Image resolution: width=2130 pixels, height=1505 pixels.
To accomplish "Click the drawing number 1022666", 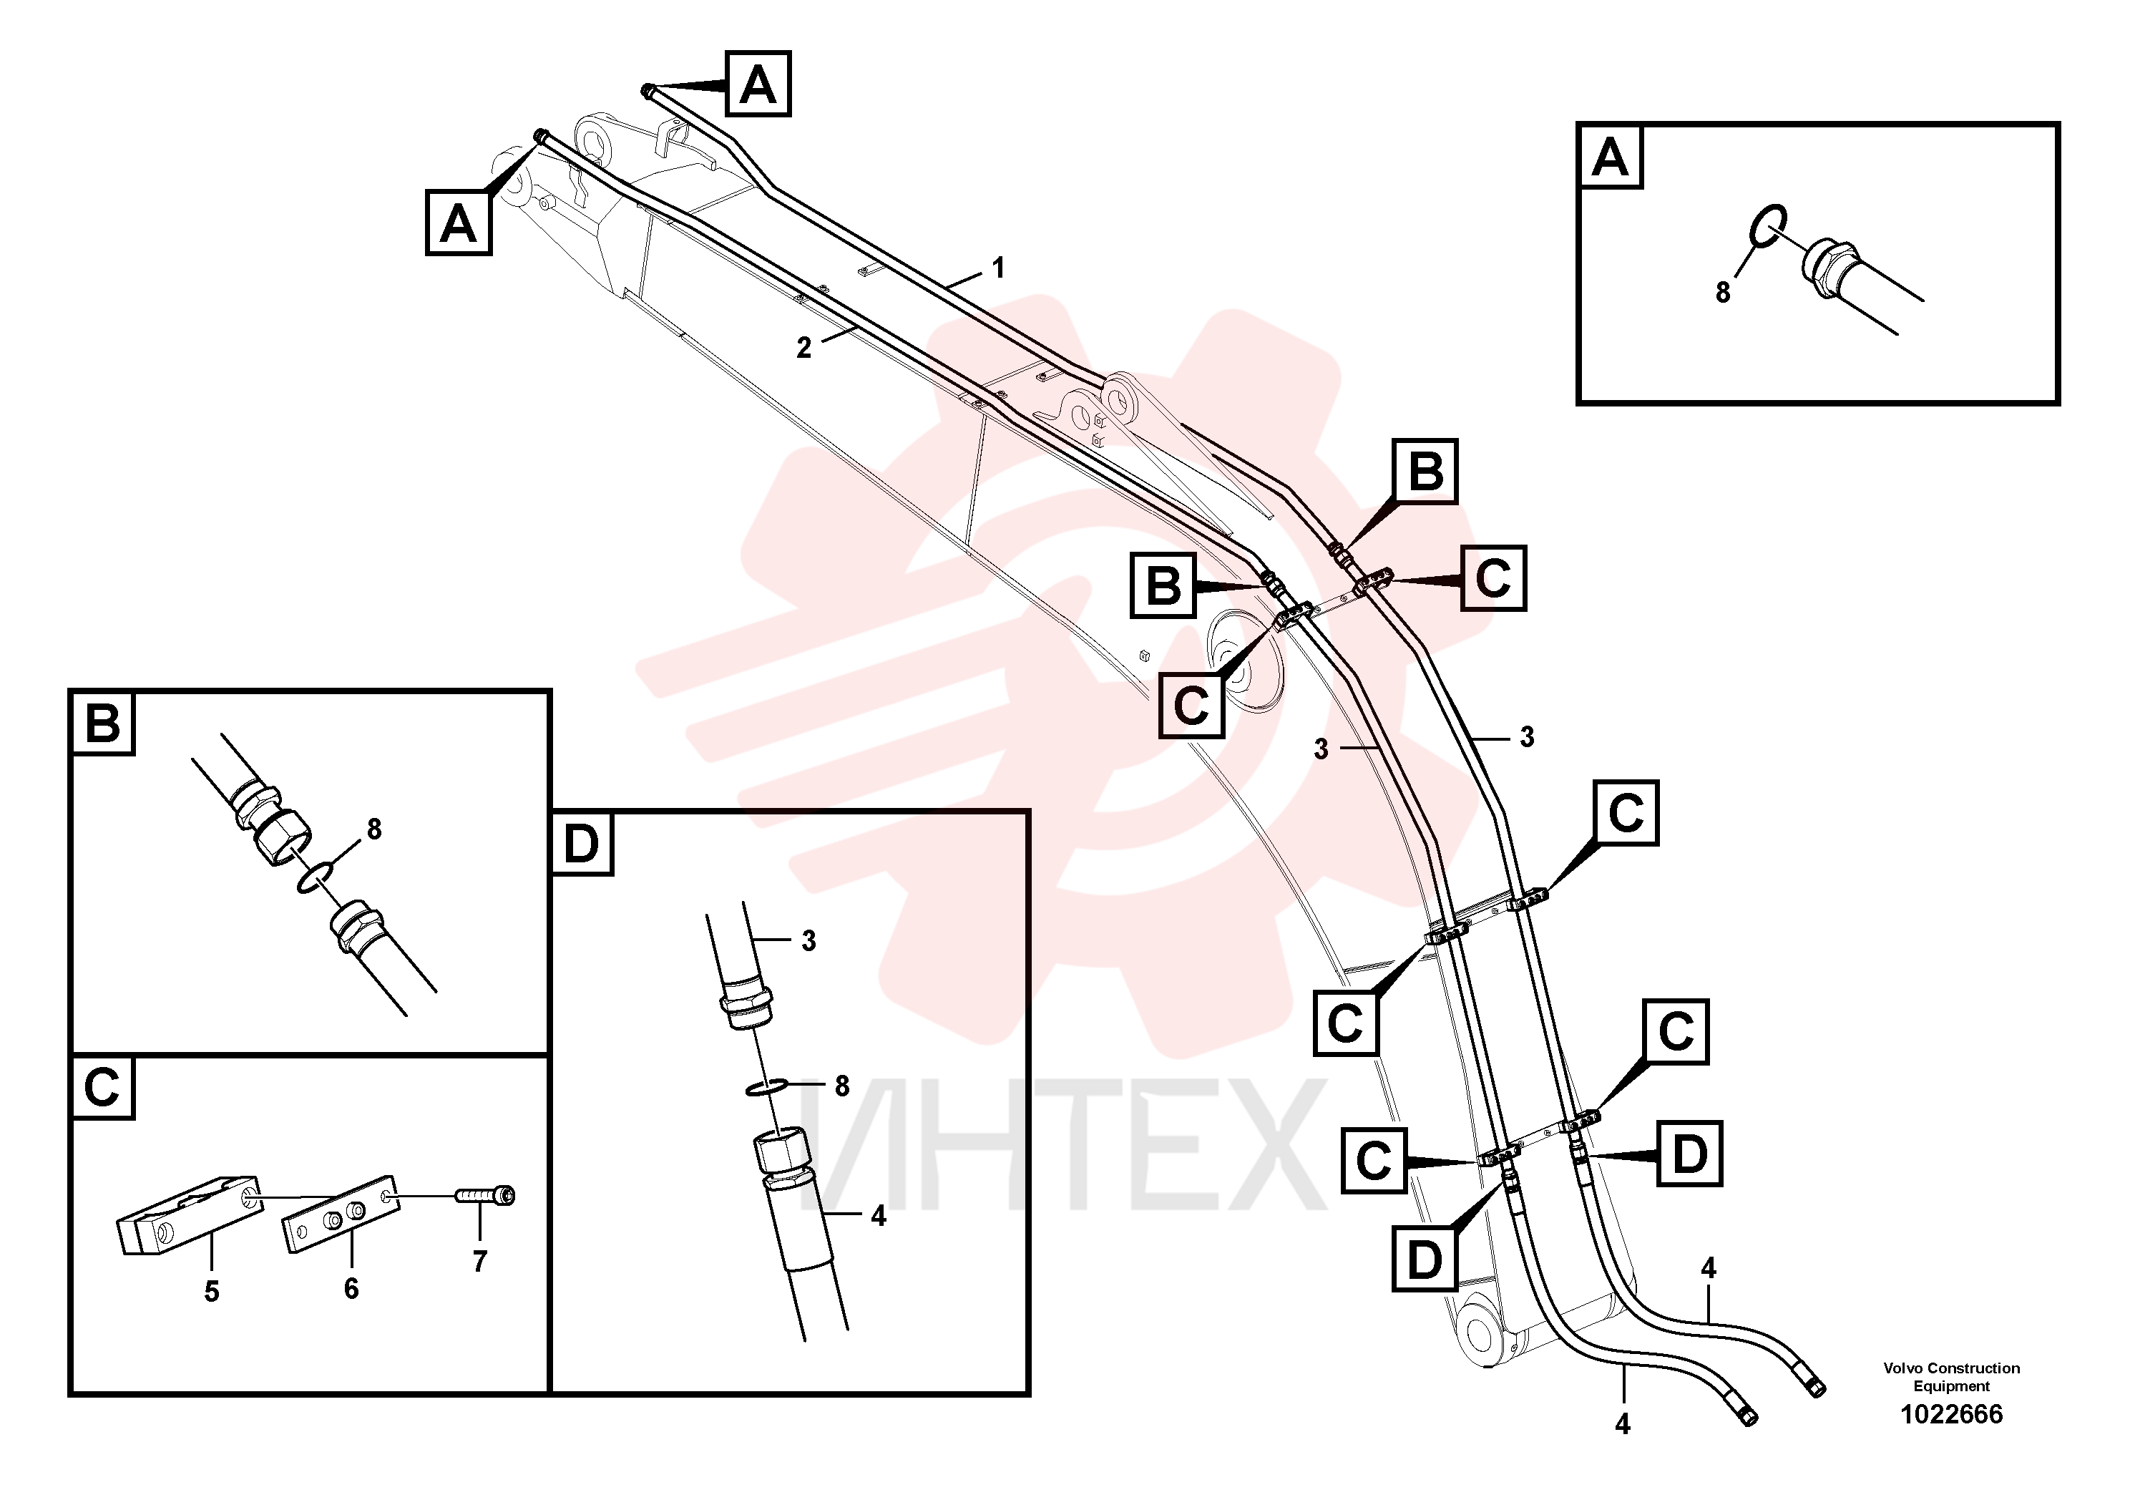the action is point(1951,1414).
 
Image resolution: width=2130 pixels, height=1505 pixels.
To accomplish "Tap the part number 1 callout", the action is point(998,268).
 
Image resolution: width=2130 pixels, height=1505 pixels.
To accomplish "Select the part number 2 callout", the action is point(803,348).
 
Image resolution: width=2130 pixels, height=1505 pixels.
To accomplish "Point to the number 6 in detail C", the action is point(351,1288).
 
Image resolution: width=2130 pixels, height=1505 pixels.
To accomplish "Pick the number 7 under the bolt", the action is point(479,1261).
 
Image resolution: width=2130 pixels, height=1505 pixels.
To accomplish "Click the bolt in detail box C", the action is point(485,1195).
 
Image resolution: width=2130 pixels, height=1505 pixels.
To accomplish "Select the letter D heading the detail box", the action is point(582,844).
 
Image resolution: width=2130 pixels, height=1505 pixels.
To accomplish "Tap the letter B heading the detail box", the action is point(102,723).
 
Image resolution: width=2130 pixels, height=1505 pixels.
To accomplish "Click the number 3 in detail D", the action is point(809,941).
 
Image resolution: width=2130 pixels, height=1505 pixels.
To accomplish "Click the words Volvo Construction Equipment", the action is point(1951,1377).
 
